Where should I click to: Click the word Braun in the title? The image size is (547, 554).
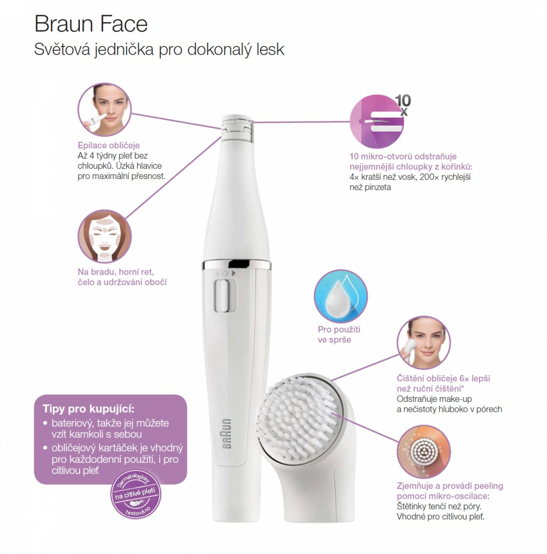coord(62,24)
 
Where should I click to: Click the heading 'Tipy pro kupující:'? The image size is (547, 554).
coord(89,409)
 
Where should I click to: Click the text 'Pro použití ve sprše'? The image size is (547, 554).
coord(335,334)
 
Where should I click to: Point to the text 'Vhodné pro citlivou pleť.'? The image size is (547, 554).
coord(439,517)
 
